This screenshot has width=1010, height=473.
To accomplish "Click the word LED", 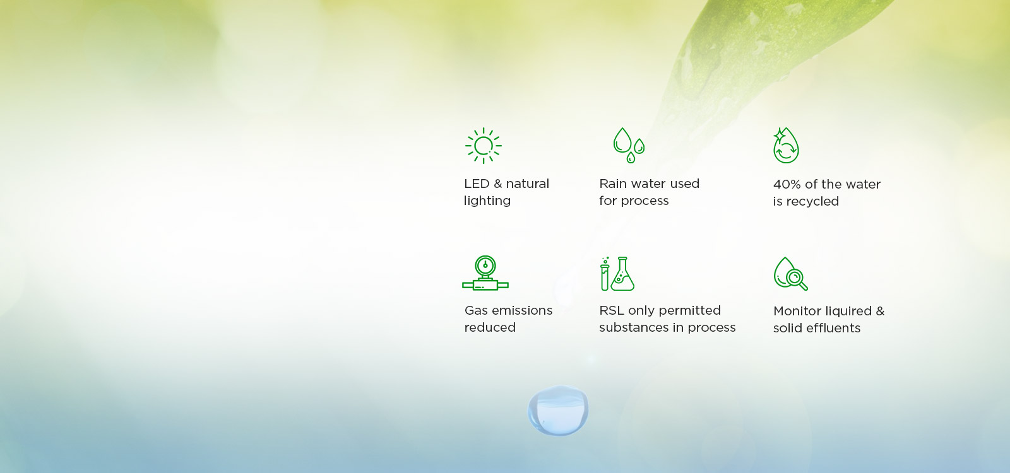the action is tap(477, 184).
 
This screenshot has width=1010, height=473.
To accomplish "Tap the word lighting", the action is tap(487, 201).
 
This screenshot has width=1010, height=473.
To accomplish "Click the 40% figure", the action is tap(787, 184).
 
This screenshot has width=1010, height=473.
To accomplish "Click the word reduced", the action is tap(490, 327).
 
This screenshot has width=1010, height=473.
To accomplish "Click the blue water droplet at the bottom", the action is tap(558, 411).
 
